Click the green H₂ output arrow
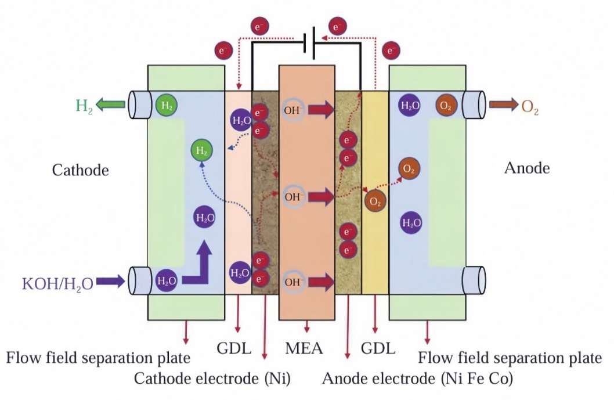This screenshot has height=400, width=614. [110, 105]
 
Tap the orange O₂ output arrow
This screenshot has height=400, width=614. [504, 105]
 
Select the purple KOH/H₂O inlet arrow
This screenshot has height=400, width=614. [111, 282]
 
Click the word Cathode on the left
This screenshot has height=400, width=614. [81, 170]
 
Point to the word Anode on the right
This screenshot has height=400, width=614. [527, 168]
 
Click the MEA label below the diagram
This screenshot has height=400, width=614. [304, 349]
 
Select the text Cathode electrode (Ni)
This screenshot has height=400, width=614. [212, 379]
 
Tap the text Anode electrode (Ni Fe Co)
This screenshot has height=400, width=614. [417, 379]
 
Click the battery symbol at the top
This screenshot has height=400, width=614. [310, 42]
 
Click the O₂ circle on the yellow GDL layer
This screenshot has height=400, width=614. [375, 201]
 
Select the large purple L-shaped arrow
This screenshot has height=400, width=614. [198, 264]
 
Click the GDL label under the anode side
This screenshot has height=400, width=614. [378, 349]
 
